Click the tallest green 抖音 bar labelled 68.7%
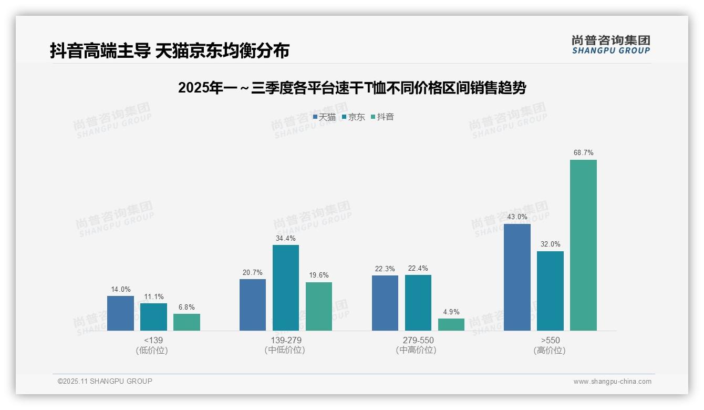(583, 245)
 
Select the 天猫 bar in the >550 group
(517, 277)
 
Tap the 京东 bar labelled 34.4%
(285, 288)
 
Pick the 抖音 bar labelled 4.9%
(451, 324)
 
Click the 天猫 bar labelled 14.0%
(120, 313)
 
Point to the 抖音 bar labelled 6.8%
(187, 322)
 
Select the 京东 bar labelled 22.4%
(418, 302)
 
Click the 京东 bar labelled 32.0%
(550, 291)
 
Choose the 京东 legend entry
(353, 117)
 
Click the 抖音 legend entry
(382, 117)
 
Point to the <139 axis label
(153, 340)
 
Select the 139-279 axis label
(286, 340)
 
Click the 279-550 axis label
(418, 340)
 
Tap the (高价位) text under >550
(550, 351)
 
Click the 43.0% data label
(517, 217)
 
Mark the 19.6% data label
(319, 275)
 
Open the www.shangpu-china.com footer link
(612, 382)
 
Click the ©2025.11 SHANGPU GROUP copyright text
(105, 381)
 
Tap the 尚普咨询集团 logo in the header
(610, 44)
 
